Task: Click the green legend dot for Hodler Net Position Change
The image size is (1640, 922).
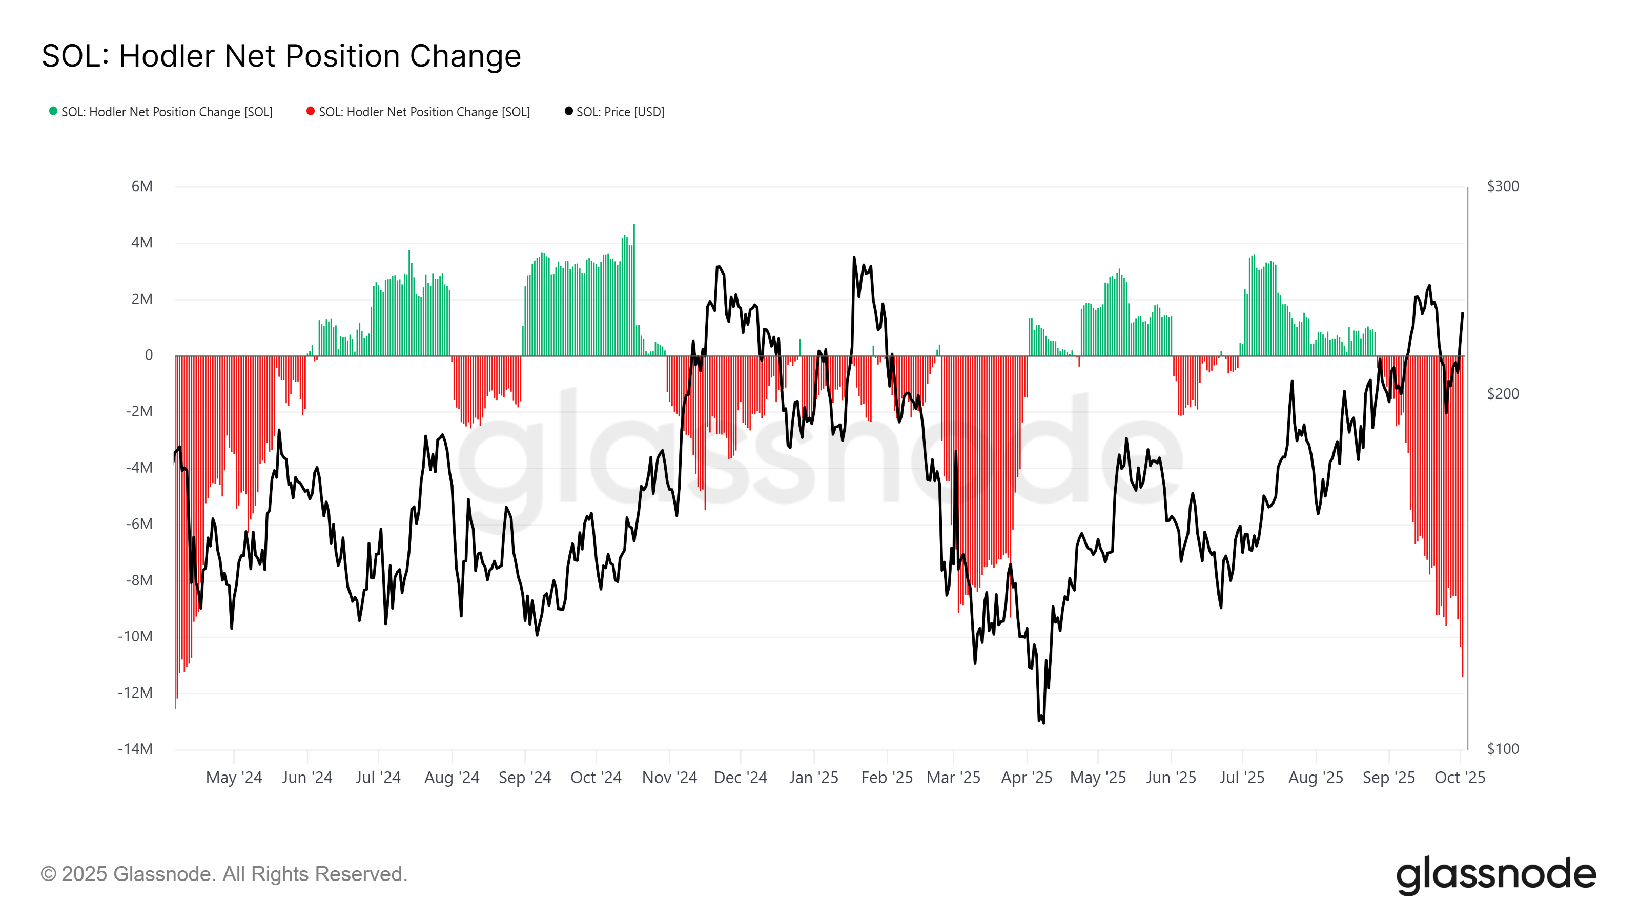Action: tap(53, 111)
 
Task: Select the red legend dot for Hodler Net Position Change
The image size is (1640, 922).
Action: tap(311, 111)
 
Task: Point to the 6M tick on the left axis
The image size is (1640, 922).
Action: tap(142, 186)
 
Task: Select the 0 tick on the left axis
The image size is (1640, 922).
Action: tap(149, 355)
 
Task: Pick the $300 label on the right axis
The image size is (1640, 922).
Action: tap(1503, 186)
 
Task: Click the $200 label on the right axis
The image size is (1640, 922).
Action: tap(1503, 394)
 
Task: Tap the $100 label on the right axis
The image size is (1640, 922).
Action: tap(1503, 749)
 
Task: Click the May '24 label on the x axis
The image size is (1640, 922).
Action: tap(234, 778)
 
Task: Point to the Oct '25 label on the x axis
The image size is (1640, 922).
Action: tap(1459, 778)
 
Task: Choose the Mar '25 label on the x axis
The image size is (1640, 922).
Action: tap(953, 778)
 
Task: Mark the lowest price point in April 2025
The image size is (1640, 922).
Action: tap(1043, 722)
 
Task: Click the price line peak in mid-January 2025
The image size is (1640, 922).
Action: tap(854, 258)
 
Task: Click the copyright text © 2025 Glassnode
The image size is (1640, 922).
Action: tap(223, 874)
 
